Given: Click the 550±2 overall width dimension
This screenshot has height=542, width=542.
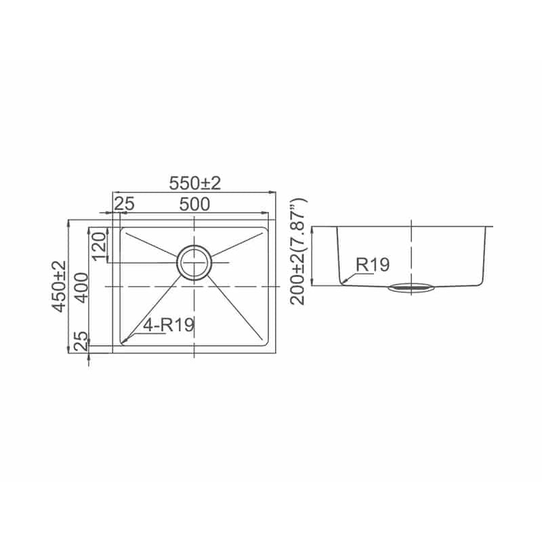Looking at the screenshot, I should tap(195, 183).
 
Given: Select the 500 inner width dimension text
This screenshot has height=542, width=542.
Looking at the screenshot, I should tap(194, 204).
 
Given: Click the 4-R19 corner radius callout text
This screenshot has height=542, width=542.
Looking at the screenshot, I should tap(167, 325).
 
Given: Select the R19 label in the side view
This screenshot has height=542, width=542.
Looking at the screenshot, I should tap(373, 265).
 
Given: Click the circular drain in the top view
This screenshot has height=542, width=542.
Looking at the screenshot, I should tap(194, 262).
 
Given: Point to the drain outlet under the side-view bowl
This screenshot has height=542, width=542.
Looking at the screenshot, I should tap(411, 289).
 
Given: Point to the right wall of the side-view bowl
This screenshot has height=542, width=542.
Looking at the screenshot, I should tap(485, 254).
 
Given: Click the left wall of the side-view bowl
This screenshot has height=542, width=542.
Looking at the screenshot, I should tap(338, 254).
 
